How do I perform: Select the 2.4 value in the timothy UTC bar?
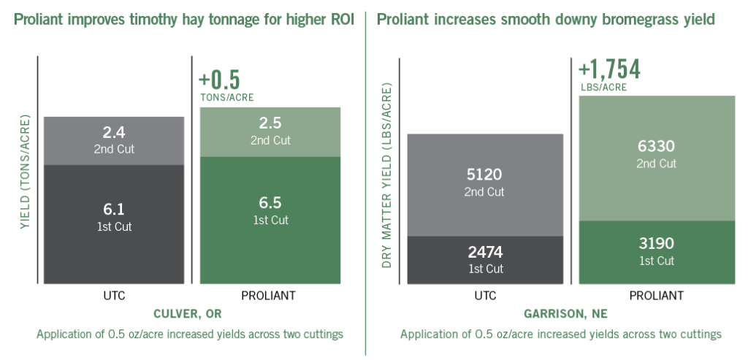pyautogui.click(x=113, y=134)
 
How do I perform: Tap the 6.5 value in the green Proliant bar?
pyautogui.click(x=270, y=203)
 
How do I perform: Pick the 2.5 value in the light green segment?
pyautogui.click(x=270, y=123)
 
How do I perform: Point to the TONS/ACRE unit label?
pyautogui.click(x=226, y=96)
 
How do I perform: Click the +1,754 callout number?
pyautogui.click(x=609, y=69)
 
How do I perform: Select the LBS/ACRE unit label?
pyautogui.click(x=603, y=87)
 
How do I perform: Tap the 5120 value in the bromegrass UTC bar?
pyautogui.click(x=485, y=175)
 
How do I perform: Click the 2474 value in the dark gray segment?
pyautogui.click(x=485, y=253)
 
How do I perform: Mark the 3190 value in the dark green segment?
pyautogui.click(x=657, y=243)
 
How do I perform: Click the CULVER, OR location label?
pyautogui.click(x=187, y=314)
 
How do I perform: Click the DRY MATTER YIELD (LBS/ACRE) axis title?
pyautogui.click(x=388, y=175)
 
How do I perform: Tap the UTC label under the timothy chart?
pyautogui.click(x=113, y=296)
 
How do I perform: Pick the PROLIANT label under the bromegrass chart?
pyautogui.click(x=657, y=296)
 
